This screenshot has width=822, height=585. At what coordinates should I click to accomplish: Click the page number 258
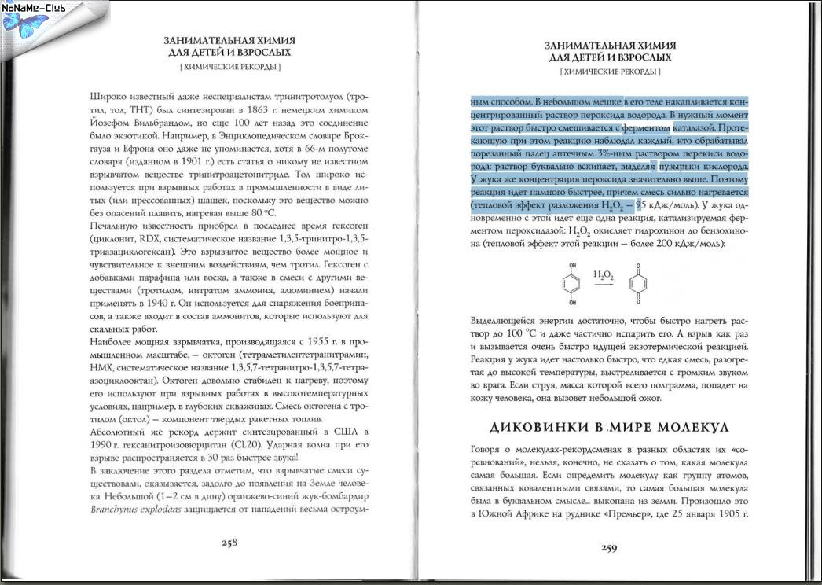[229, 542]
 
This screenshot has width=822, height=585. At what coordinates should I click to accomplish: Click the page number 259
[609, 548]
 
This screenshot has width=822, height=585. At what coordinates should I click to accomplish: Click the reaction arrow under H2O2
[604, 285]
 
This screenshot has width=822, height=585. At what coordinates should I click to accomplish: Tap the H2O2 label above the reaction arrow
[604, 274]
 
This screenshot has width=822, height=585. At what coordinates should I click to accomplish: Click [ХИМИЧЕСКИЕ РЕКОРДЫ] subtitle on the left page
[229, 68]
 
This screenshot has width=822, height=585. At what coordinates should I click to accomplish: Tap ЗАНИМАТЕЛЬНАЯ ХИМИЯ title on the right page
[609, 46]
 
